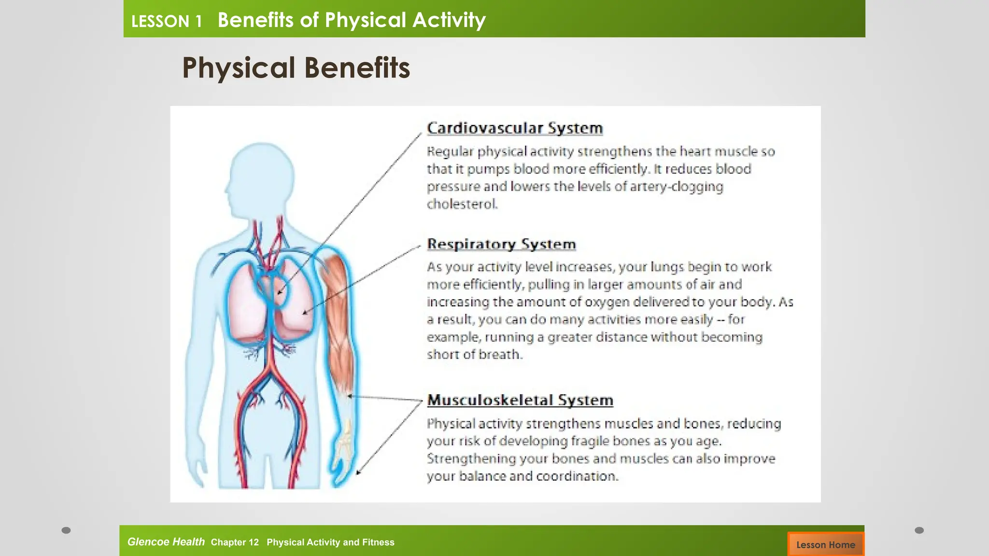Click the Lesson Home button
[825, 544]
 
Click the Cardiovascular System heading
[515, 128]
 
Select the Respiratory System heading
[501, 244]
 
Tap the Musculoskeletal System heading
[520, 400]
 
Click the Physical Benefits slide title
[296, 68]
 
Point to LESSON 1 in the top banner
[166, 21]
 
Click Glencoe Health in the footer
[166, 542]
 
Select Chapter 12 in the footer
[235, 542]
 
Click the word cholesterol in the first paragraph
[462, 204]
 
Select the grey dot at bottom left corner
[66, 530]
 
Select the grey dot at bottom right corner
[919, 530]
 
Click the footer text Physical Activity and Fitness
[330, 542]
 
